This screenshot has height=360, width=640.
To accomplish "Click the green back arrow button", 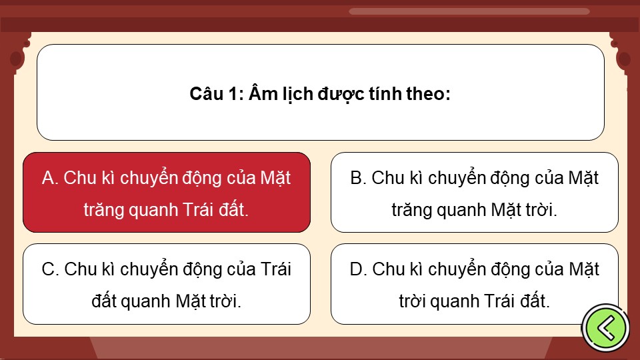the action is point(606,328).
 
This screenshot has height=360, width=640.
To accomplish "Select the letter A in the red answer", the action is point(48,178).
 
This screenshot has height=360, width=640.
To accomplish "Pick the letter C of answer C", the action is point(49,269).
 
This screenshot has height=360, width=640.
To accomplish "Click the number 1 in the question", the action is point(233,94).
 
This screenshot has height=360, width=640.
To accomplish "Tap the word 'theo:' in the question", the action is point(428,94).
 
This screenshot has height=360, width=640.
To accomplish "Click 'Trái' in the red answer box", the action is point(198,210).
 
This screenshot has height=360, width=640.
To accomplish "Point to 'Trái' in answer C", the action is point(275,269).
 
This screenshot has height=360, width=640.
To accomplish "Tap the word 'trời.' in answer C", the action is point(226,301).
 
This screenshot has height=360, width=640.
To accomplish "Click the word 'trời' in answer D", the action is point(412,301).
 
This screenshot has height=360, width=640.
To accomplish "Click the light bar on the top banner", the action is point(469,11).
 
